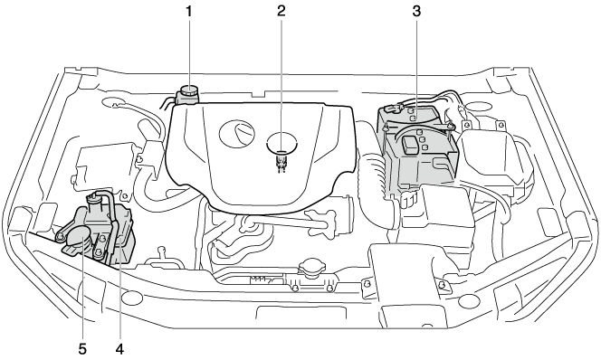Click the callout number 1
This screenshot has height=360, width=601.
(188, 12)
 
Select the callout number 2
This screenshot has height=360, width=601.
(281, 12)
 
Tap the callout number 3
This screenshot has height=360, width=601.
(416, 12)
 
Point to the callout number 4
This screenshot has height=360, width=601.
(120, 349)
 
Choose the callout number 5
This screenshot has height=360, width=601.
(82, 349)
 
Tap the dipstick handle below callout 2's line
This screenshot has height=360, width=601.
(281, 160)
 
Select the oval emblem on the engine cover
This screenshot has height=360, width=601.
(236, 134)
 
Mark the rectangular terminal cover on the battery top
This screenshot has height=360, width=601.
(409, 146)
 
